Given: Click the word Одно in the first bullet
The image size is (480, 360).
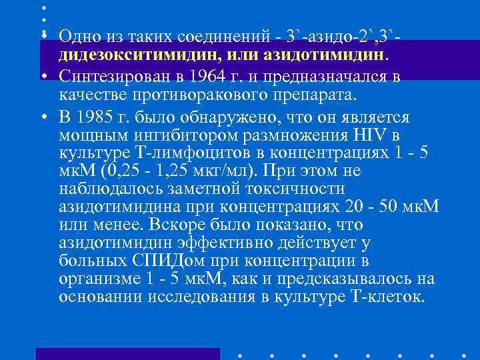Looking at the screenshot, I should pyautogui.click(x=77, y=35).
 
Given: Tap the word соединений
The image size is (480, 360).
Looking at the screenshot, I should pyautogui.click(x=225, y=35).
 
